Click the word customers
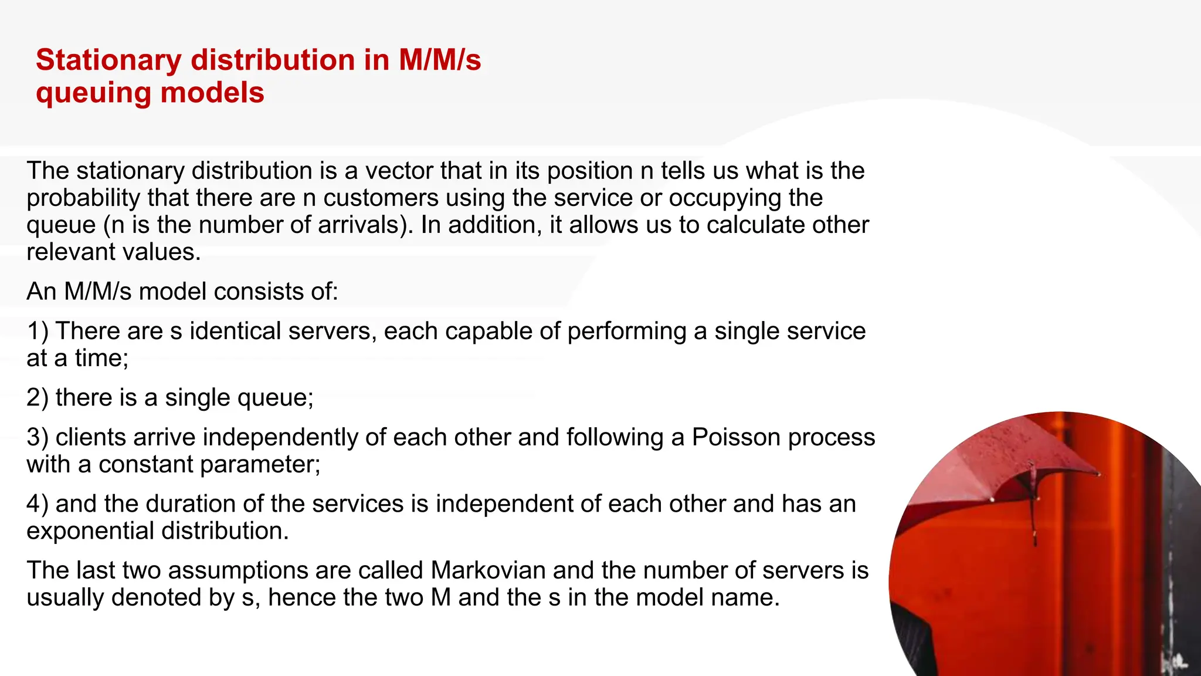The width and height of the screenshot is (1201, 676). coord(381,198)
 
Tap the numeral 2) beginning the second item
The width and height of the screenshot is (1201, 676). coord(38,398)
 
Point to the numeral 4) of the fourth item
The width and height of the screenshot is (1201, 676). coord(38,504)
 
